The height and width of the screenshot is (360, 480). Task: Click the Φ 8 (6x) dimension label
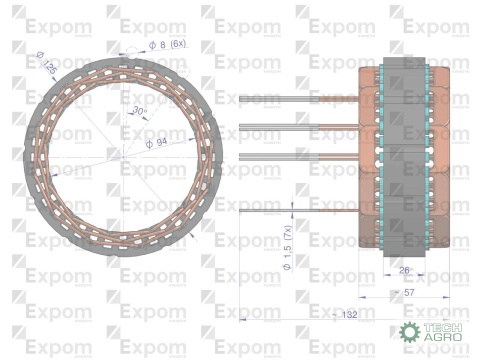[166, 45]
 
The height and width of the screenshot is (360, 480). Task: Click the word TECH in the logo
[439, 326]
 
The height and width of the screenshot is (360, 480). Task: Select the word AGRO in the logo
[439, 338]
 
